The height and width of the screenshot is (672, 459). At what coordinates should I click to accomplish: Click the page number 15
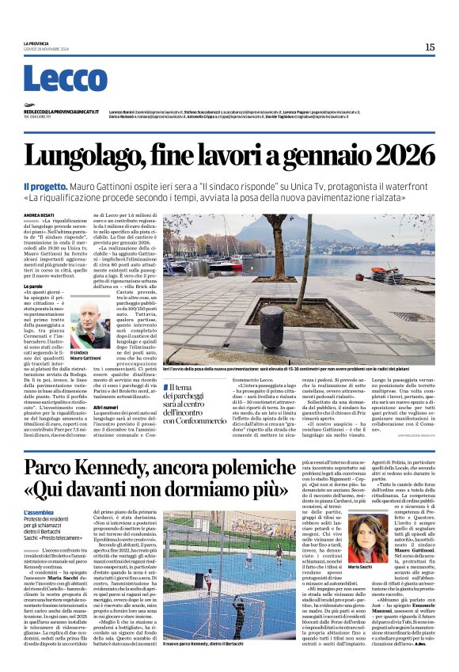429,47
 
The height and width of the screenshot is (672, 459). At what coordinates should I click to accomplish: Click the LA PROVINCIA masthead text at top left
36,44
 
